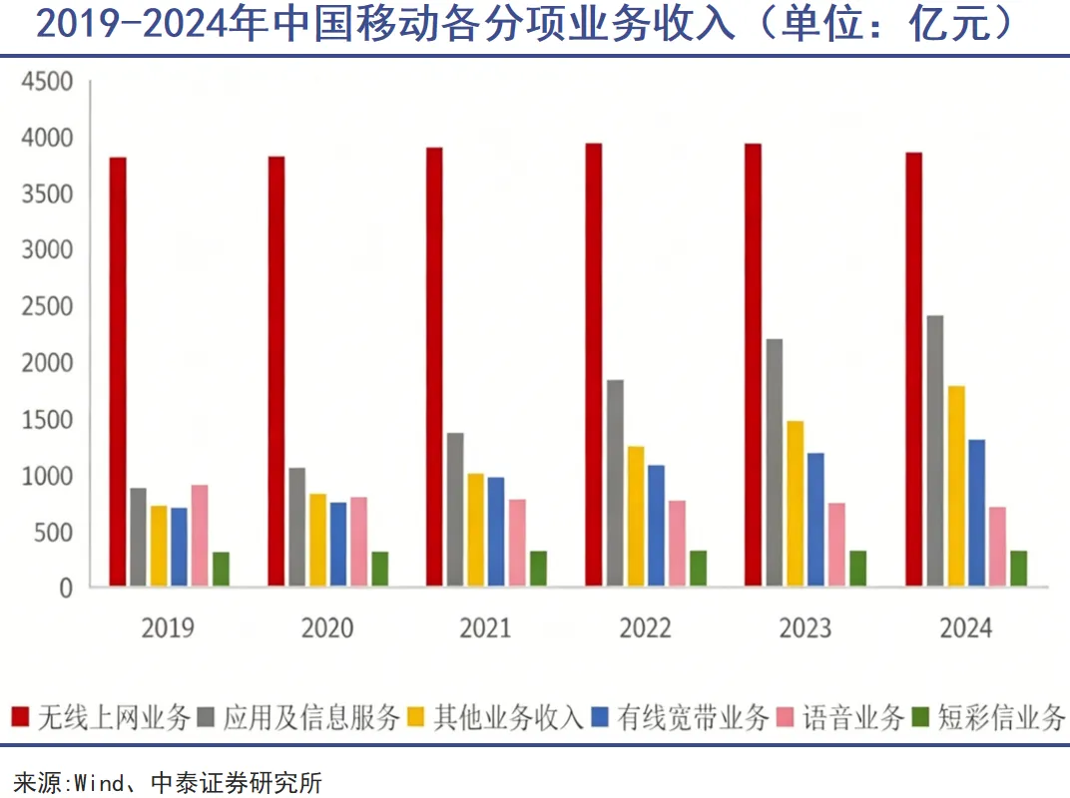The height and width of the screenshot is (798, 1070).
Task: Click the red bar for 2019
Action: pyautogui.click(x=118, y=371)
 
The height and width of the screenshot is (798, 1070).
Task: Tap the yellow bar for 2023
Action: pyautogui.click(x=796, y=504)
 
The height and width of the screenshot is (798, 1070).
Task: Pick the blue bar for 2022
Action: pyautogui.click(x=656, y=526)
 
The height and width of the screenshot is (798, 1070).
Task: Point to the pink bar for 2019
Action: pyautogui.click(x=200, y=536)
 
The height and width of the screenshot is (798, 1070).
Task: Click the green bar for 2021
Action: pyautogui.click(x=538, y=569)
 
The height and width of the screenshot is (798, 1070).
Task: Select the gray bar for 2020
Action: pyautogui.click(x=296, y=527)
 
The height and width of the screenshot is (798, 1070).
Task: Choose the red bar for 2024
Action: pyautogui.click(x=913, y=369)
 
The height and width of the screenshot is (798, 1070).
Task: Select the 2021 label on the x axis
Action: pyautogui.click(x=485, y=628)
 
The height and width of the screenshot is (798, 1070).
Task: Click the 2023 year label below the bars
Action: pyautogui.click(x=804, y=628)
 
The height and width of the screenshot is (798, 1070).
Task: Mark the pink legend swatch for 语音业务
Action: pyautogui.click(x=786, y=717)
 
